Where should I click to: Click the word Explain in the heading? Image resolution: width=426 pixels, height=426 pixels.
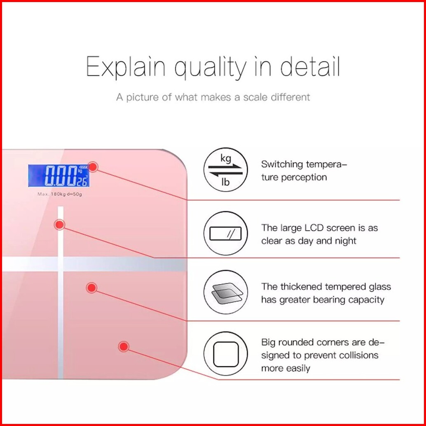pos(126,67)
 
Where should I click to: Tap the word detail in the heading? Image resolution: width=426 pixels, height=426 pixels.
pos(310,66)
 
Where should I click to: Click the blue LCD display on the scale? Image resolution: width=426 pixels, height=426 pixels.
pos(59,176)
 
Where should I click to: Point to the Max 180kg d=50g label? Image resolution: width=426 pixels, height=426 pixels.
pos(59,194)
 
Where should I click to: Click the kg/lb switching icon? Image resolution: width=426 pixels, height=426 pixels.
pos(226,170)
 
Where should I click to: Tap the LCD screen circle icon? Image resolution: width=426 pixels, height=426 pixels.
pos(226,233)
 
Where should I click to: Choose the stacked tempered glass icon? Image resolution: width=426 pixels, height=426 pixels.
pos(226,293)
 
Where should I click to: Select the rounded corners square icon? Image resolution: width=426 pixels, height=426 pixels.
pos(226,354)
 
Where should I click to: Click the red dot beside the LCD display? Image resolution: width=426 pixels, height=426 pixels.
pos(93,167)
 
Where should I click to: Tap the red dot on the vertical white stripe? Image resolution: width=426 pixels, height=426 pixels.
pos(59,225)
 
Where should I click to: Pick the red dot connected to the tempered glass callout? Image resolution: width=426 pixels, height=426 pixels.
pos(91,288)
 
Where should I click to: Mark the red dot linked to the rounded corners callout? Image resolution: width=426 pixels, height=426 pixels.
pos(124,346)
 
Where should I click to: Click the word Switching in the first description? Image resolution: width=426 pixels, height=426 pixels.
pos(282,165)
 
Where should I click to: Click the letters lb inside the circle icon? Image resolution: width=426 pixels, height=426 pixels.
pos(225,182)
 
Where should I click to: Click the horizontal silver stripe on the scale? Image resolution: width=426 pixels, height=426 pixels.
pos(94,264)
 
